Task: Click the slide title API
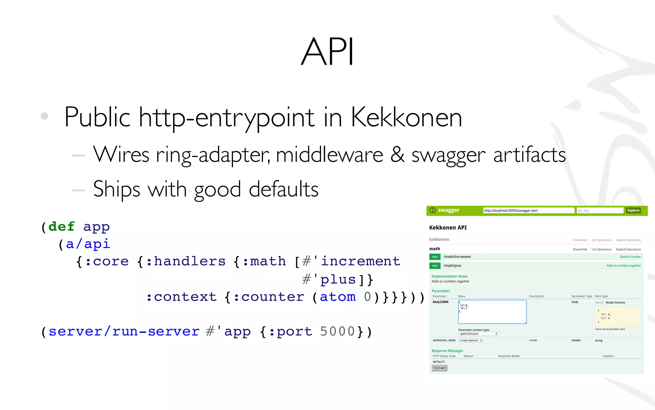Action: (x=327, y=51)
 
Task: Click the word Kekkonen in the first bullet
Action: (x=406, y=117)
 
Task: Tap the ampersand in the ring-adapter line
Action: (x=397, y=155)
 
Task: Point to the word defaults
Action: (x=283, y=189)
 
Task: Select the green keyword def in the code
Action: (x=61, y=226)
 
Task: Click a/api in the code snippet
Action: (x=88, y=244)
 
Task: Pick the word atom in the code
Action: (x=338, y=297)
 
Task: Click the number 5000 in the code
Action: (x=337, y=332)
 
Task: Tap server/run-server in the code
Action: (x=124, y=332)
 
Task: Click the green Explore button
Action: (x=633, y=210)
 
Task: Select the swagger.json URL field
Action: (x=528, y=210)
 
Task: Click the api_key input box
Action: (x=600, y=210)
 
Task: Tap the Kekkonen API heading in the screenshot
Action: (x=448, y=227)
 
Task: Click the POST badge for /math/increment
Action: (x=435, y=257)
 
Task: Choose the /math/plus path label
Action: (x=452, y=266)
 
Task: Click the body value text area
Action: (x=492, y=312)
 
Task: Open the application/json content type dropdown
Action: (x=478, y=334)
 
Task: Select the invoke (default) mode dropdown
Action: (x=470, y=340)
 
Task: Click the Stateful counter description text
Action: (x=630, y=257)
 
